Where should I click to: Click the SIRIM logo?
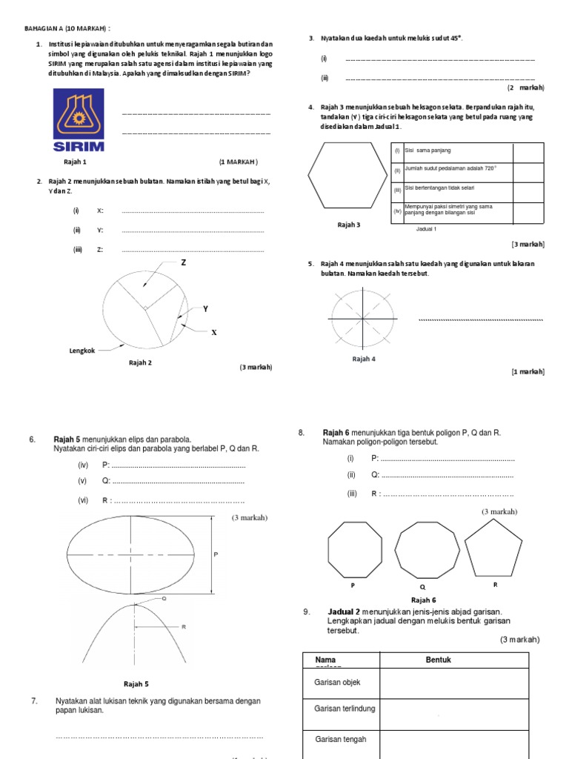(x=78, y=120)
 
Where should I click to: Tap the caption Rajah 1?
(x=76, y=162)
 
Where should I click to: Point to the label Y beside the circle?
(x=205, y=308)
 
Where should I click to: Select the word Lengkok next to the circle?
(x=81, y=350)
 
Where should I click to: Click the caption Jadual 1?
(x=427, y=229)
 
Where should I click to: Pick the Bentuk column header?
(x=438, y=660)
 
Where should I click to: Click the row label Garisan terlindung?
(x=345, y=709)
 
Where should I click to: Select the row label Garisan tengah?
(x=341, y=739)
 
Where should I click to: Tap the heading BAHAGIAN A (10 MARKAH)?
(x=67, y=28)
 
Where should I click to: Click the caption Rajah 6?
(x=423, y=600)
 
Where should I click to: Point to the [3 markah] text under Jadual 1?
(x=528, y=244)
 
